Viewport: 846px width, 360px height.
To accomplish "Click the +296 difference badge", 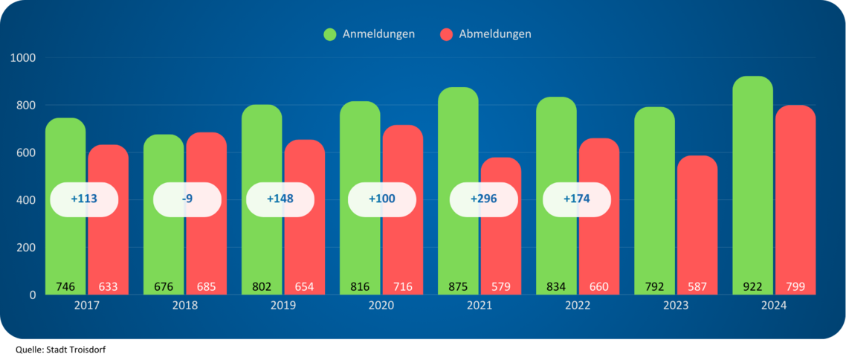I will pos(483,199).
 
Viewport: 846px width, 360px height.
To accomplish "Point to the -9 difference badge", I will pos(187,199).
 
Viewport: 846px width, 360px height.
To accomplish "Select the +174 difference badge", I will pos(577,199).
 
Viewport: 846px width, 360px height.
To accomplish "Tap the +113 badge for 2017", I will pos(84,199).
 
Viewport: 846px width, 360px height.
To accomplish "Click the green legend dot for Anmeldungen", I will pos(330,34).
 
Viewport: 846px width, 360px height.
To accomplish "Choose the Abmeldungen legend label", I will pos(495,34).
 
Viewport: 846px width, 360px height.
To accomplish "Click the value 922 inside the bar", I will pos(752,286).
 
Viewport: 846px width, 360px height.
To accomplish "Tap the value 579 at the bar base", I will pos(500,286).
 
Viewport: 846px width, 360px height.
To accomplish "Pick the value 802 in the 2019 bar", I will pos(262,286).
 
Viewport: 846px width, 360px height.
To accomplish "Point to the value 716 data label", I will pos(402,286).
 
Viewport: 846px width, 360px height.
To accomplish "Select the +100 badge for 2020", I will pos(382,199).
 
